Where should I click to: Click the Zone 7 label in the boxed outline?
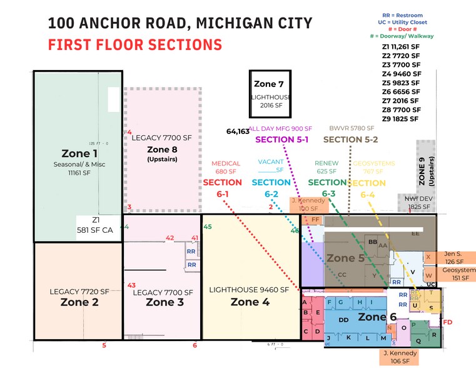[x=269, y=84]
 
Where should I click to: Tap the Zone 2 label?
[x=79, y=302]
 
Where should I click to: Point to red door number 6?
[x=195, y=345]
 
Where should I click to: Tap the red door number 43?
[x=131, y=285]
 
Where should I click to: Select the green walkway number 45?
[x=208, y=227]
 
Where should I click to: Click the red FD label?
[x=447, y=322]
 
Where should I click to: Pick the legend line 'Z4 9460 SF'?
[x=401, y=73]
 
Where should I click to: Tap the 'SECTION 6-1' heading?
[x=223, y=188]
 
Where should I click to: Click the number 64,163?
[x=238, y=131]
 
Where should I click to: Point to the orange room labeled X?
[x=428, y=257]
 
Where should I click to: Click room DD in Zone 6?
[x=344, y=319]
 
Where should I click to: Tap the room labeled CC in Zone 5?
[x=342, y=274]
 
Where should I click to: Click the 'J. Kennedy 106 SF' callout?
[x=399, y=357]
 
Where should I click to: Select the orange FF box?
[x=315, y=220]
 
